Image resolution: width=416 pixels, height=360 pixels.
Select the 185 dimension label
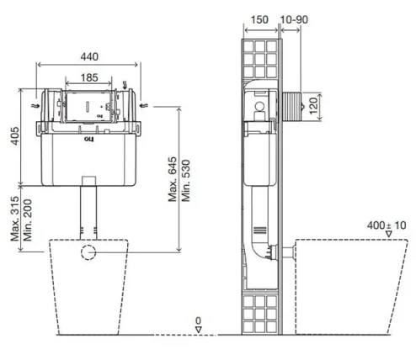click(90, 76)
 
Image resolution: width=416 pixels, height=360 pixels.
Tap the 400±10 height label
click(386, 225)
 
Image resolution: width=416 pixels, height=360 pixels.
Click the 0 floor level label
click(199, 320)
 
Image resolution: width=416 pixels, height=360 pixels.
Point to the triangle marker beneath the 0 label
click(199, 330)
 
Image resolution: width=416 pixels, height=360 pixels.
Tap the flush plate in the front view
click(88, 104)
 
